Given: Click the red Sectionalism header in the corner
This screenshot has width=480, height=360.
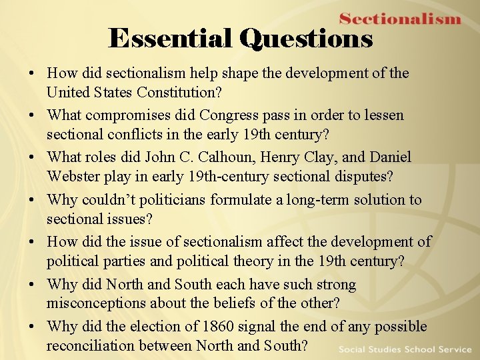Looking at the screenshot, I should [400, 19].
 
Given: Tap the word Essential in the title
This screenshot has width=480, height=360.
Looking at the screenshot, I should [171, 39].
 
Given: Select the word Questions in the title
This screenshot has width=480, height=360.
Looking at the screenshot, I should [306, 39].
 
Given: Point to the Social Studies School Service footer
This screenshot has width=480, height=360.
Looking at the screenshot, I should [405, 349].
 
